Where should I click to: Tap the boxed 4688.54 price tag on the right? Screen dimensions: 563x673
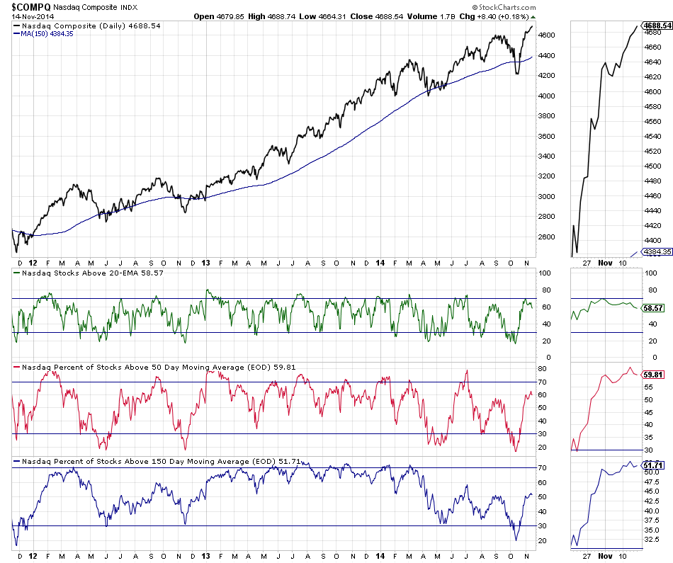point(657,25)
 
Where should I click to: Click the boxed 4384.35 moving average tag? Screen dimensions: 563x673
point(657,252)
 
